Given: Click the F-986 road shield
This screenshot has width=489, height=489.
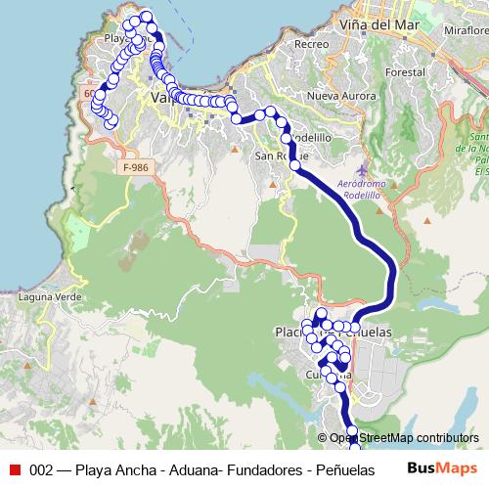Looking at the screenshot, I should [139, 168].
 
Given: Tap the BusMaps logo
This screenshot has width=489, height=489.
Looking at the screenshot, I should [443, 468].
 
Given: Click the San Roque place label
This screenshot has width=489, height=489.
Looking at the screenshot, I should [282, 156].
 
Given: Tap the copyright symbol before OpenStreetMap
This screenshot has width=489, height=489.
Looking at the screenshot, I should [322, 438].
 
